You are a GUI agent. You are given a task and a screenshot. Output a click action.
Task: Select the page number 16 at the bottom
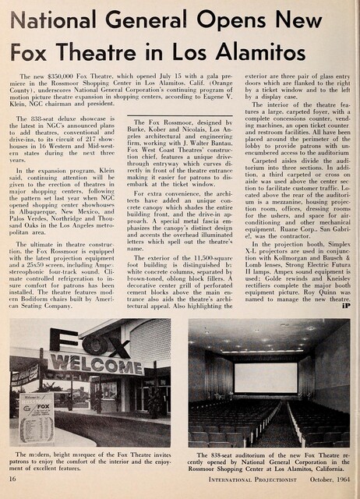point(19,489)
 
